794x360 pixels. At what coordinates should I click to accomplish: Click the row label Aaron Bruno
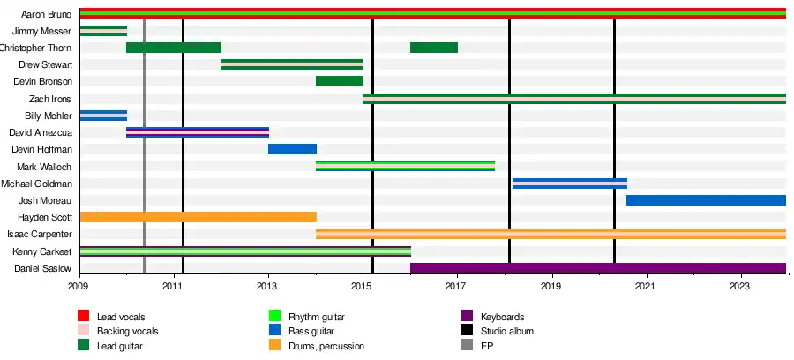(46, 14)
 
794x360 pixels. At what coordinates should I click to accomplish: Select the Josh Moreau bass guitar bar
(706, 200)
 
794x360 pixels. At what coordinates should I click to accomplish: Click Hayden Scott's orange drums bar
(198, 217)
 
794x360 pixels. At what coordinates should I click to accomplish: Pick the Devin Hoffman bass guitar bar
(292, 149)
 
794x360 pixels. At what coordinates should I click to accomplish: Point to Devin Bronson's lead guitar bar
(340, 81)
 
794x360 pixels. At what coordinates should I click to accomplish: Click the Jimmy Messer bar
(103, 31)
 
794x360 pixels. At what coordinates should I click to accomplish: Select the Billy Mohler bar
(103, 116)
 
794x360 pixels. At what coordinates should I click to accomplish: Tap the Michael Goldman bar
(569, 184)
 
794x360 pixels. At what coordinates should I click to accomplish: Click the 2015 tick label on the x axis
(363, 286)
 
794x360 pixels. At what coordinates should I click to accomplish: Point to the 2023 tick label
(740, 286)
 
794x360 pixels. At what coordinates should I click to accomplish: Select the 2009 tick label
(79, 286)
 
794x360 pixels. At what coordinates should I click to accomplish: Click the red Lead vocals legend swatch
(84, 317)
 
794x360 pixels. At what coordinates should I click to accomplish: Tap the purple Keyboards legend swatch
(467, 317)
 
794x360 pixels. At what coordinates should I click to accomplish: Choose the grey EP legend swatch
(467, 346)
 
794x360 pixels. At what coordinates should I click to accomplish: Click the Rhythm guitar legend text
(316, 317)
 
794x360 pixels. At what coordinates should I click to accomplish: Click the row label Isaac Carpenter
(40, 235)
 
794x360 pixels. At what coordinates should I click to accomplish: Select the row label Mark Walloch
(44, 167)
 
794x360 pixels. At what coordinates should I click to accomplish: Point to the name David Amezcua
(41, 132)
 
